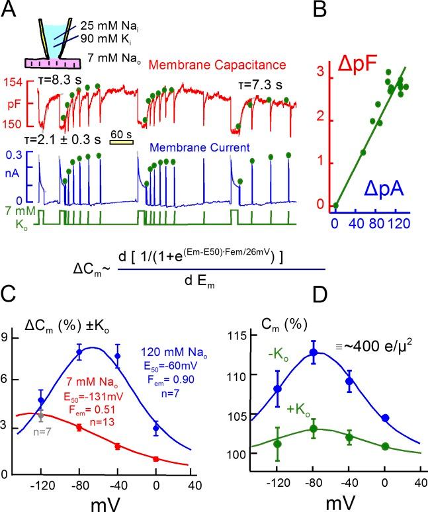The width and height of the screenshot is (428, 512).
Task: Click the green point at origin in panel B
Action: tap(336, 206)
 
